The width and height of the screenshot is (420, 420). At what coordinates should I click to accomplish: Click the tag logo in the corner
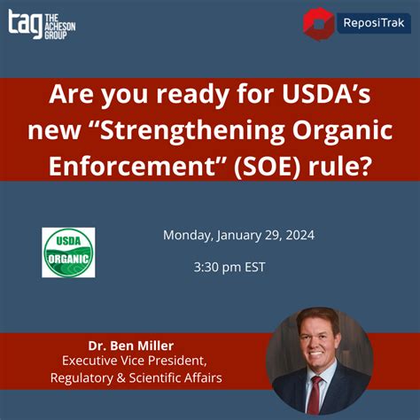coord(42,25)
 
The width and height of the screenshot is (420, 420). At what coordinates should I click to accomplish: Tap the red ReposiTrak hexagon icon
coord(318,24)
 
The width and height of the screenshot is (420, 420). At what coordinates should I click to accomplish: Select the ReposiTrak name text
coord(374,23)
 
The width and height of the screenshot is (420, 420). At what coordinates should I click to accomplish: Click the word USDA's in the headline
coord(326,94)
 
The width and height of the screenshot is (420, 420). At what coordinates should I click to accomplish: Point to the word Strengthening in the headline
coord(192,130)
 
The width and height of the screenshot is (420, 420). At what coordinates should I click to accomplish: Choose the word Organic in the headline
coord(343,130)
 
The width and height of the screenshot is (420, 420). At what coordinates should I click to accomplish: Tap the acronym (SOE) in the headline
coord(268,166)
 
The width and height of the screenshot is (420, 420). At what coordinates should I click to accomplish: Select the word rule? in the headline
coord(339,166)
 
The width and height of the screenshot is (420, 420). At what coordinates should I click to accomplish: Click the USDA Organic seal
coord(68,253)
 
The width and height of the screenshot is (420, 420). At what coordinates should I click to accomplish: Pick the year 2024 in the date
coord(300,235)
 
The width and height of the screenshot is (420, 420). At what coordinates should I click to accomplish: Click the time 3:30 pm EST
coord(229,267)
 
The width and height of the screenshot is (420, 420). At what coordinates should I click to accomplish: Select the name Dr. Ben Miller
coord(131,346)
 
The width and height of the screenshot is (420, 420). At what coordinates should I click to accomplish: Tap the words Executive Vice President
coord(135,361)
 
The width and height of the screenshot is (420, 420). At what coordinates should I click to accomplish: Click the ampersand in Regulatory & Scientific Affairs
coord(121,378)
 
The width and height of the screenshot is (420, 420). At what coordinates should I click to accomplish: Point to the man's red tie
coord(315,394)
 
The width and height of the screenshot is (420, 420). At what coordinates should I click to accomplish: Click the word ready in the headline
coord(192,95)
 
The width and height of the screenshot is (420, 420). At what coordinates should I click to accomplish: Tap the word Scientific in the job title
coord(155,377)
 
